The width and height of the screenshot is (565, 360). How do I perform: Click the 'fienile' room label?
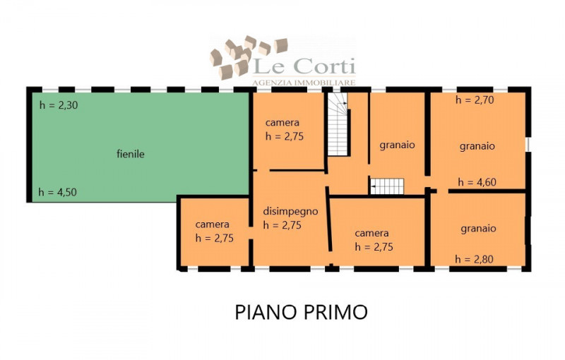pos(130,154)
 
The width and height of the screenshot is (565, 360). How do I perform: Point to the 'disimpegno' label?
pos(290,211)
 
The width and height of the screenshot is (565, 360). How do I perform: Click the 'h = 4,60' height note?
pos(477,182)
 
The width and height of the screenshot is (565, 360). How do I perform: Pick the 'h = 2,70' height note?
pos(475,100)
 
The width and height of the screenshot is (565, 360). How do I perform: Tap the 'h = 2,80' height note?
pos(475,259)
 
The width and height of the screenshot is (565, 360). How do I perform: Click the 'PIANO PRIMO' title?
pos(301,312)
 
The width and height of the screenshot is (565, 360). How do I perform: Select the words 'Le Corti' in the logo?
pos(304,68)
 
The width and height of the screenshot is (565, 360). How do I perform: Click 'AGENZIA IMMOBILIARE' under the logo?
pos(304,83)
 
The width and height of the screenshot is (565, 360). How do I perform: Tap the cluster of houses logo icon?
pos(247,56)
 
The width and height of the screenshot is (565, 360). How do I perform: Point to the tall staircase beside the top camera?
pos(338,126)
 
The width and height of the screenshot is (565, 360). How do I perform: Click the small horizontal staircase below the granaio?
pos(387,186)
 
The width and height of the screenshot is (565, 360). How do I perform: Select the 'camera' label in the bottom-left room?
pos(212,224)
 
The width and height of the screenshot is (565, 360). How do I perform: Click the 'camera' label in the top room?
pos(282,123)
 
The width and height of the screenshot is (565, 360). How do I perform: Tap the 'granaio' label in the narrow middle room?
pos(397,145)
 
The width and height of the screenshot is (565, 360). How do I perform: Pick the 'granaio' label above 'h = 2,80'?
pos(478,229)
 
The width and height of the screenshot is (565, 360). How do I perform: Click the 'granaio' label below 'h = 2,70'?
pos(477,146)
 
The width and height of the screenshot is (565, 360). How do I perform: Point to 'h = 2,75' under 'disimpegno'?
pos(282,225)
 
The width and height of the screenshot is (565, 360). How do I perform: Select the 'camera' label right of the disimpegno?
pos(371,233)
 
